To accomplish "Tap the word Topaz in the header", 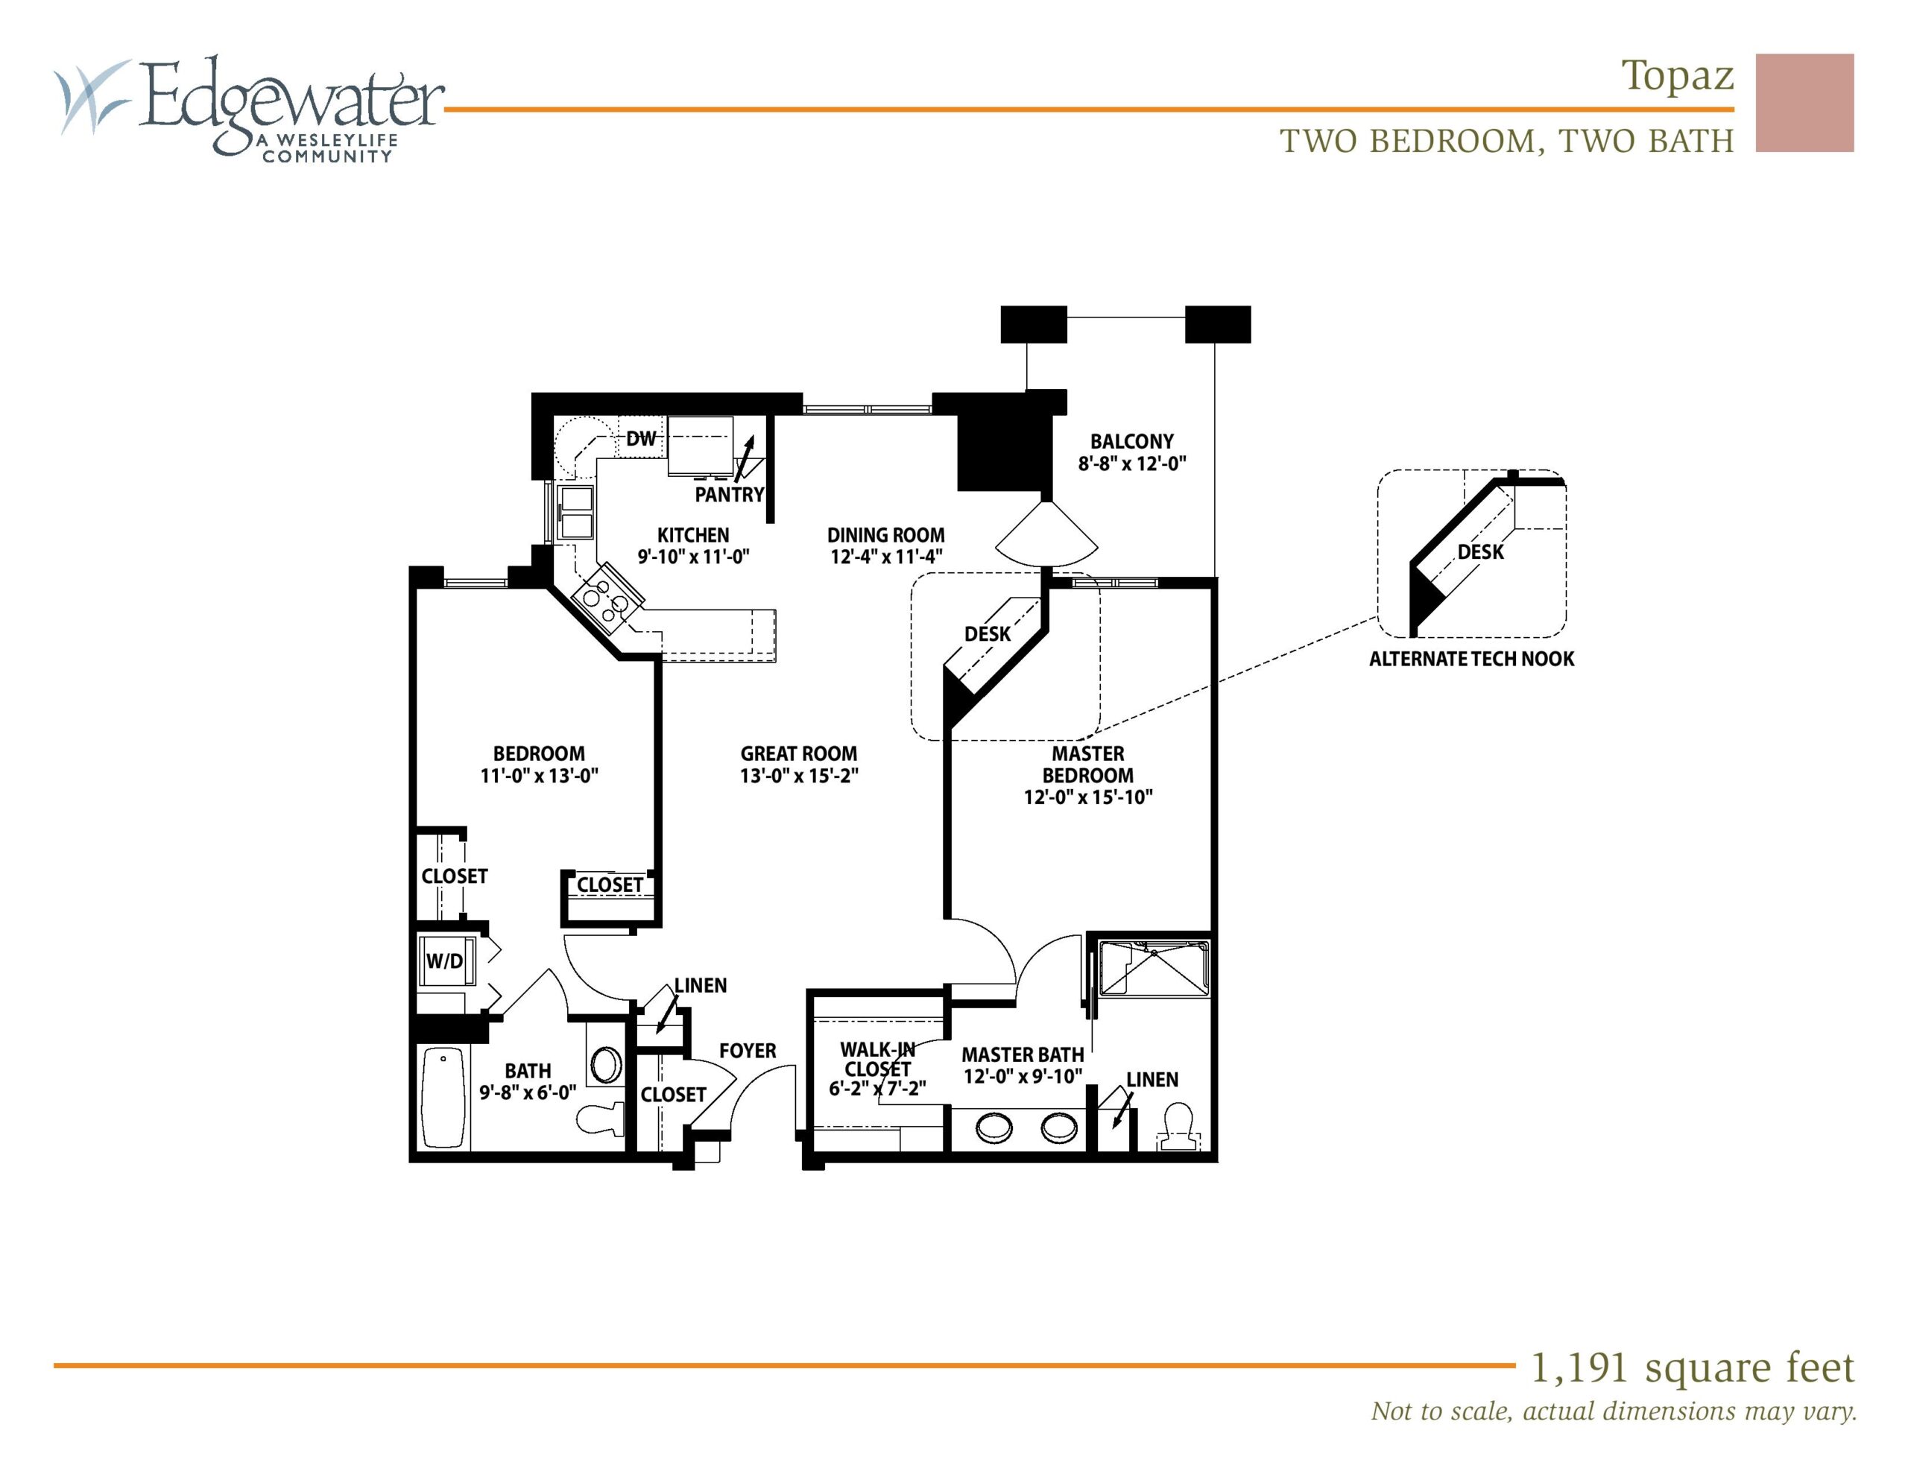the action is point(1678,78).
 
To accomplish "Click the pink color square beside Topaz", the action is point(1805,103).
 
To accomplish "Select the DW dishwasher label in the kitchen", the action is point(641,439).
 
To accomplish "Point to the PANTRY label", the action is point(730,495).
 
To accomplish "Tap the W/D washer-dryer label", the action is point(445,961).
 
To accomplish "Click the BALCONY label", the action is point(1131,441).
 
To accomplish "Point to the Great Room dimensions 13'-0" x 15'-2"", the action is point(800,776).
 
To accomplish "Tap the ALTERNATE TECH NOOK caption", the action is point(1471,659).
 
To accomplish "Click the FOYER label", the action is point(748,1050).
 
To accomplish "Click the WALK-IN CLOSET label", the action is point(877,1058).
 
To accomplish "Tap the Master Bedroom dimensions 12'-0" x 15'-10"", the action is point(1089,797).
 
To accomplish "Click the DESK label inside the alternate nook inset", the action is point(1481,552).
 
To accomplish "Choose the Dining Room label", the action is point(886,535).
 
